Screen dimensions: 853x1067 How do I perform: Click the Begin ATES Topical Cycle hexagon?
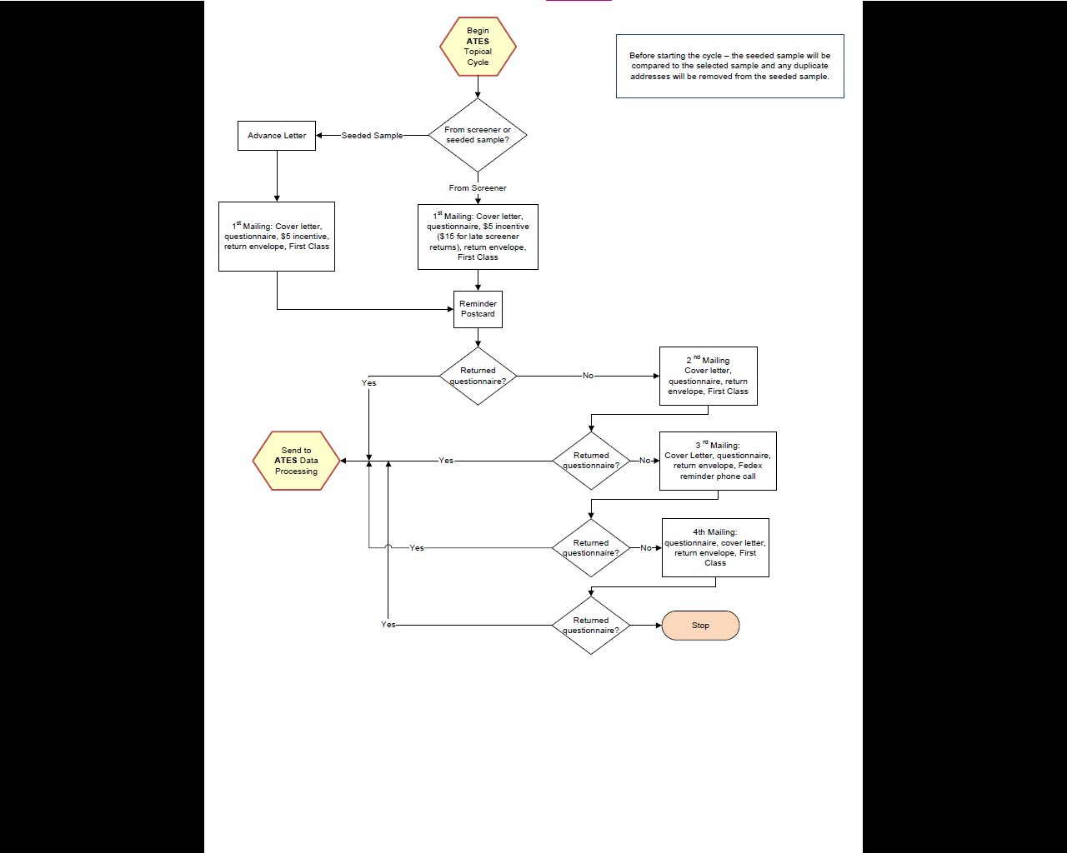pyautogui.click(x=478, y=47)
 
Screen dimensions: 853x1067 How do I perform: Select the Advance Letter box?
pyautogui.click(x=277, y=135)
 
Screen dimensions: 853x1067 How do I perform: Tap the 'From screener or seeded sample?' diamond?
pyautogui.click(x=478, y=135)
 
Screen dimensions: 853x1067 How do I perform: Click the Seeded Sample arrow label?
pyautogui.click(x=372, y=135)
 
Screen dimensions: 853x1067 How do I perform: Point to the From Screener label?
pyautogui.click(x=478, y=188)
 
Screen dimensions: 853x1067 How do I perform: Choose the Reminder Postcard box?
pyautogui.click(x=478, y=309)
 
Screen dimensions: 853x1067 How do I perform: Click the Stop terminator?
pyautogui.click(x=700, y=626)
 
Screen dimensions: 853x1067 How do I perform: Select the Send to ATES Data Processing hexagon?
pyautogui.click(x=297, y=461)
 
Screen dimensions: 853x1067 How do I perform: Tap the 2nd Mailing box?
pyautogui.click(x=708, y=376)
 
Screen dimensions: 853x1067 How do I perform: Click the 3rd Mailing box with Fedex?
pyautogui.click(x=718, y=461)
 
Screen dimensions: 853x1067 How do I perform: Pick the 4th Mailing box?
pyautogui.click(x=715, y=547)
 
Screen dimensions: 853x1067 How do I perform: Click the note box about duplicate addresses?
pyautogui.click(x=729, y=66)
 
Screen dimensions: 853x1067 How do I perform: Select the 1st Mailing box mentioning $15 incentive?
pyautogui.click(x=478, y=237)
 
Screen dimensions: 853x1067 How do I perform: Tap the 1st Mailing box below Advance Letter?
pyautogui.click(x=277, y=237)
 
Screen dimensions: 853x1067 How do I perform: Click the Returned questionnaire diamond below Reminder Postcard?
pyautogui.click(x=478, y=376)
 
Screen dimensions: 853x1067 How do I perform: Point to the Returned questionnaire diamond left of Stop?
pyautogui.click(x=591, y=626)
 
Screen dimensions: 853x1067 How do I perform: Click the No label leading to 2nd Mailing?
pyautogui.click(x=588, y=376)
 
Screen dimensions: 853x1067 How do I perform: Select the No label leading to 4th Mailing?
pyautogui.click(x=645, y=548)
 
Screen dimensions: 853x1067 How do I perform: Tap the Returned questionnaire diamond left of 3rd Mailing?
pyautogui.click(x=591, y=461)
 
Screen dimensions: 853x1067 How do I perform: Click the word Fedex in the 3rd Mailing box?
pyautogui.click(x=749, y=466)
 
